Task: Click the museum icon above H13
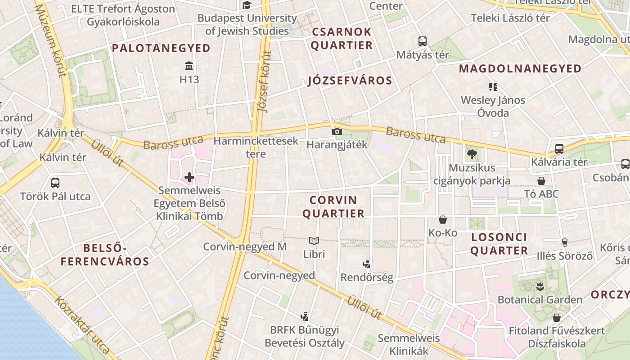click(189, 66)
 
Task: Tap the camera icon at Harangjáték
click(337, 131)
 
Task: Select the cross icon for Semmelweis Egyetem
click(189, 177)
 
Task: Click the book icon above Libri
click(314, 241)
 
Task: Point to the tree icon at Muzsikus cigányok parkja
click(472, 154)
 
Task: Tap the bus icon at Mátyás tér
click(423, 41)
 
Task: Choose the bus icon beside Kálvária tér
click(559, 149)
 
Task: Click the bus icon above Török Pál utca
click(55, 183)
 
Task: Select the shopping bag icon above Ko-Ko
click(443, 220)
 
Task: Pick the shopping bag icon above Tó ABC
click(541, 181)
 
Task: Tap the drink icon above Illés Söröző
click(565, 243)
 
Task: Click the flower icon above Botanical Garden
click(540, 286)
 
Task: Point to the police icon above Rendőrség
click(367, 264)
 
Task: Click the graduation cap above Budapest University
click(247, 5)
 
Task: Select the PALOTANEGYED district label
click(161, 48)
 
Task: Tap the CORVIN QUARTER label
click(333, 207)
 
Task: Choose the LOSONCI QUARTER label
click(499, 244)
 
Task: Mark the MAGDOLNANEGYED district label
click(520, 68)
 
